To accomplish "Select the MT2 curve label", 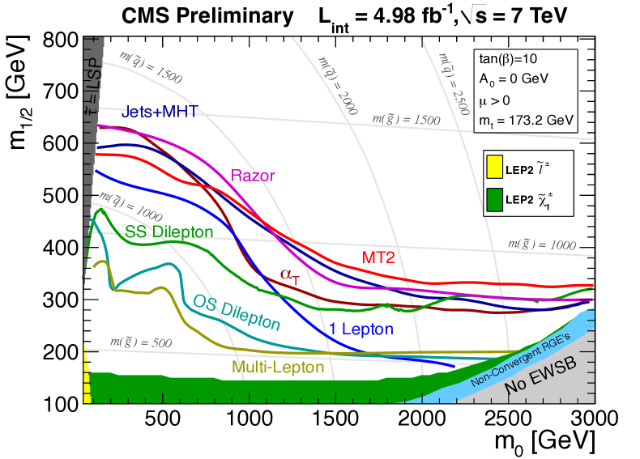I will coord(378,257).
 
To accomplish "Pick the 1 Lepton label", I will coord(361,329).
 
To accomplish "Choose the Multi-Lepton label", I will coord(278,367).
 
